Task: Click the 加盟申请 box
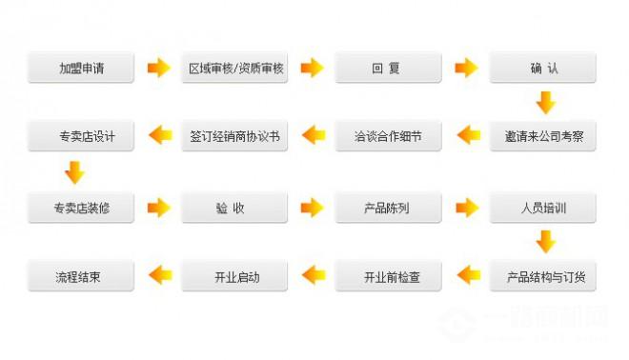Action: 81,68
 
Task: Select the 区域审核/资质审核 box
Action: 234,68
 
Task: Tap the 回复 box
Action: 388,68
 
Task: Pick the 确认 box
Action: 542,68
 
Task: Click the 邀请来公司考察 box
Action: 542,136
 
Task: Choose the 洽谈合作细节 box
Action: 388,136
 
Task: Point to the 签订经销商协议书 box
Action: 234,136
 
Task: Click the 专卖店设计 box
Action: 81,136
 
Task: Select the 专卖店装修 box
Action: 81,207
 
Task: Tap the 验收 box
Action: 234,207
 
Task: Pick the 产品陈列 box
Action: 388,207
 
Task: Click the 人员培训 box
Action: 542,207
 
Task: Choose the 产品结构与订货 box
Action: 542,277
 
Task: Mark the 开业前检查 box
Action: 388,277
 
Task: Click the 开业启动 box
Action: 234,277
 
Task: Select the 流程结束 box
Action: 81,277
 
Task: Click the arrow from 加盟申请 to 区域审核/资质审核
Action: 158,68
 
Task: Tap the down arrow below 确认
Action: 544,102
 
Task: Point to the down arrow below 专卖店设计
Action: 74,171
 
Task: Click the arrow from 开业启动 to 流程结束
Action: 158,277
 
